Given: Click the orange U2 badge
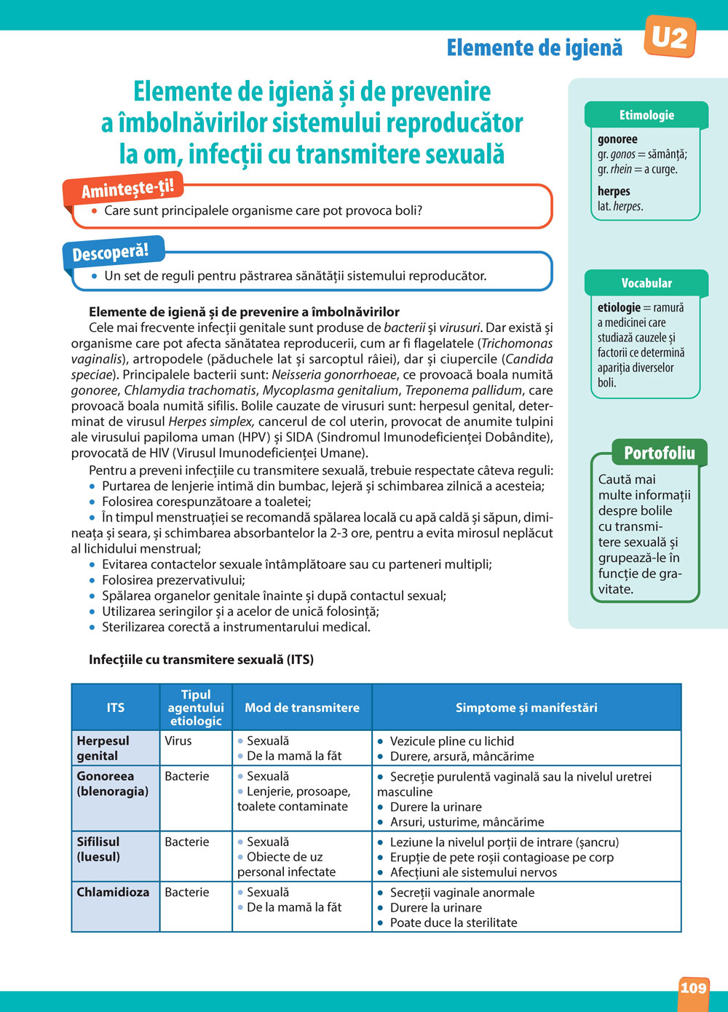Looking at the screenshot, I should (x=670, y=36).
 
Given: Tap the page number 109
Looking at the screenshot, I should (x=693, y=988).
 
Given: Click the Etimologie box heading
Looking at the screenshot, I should (x=646, y=115).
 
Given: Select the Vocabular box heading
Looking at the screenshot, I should (x=646, y=283).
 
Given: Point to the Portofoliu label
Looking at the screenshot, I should (x=659, y=453).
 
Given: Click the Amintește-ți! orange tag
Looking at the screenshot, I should (x=127, y=189).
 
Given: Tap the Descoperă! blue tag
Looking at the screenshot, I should (x=111, y=252).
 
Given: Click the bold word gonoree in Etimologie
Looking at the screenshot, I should (x=617, y=139).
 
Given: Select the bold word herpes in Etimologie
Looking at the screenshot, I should (x=614, y=191).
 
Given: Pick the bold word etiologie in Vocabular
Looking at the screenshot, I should (x=619, y=307).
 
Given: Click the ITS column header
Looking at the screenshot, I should (x=116, y=708).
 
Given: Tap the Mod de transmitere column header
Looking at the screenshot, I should (x=302, y=708).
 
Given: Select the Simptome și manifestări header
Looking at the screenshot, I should (x=526, y=708).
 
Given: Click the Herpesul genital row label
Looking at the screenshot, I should (x=103, y=748).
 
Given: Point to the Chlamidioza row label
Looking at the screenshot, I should (x=113, y=892).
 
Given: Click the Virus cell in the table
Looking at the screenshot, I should (x=178, y=741).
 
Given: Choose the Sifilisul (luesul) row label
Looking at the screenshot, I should (x=98, y=849).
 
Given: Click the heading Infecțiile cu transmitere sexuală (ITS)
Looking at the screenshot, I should (x=201, y=660).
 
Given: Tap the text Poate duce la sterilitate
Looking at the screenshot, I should (x=454, y=922).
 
